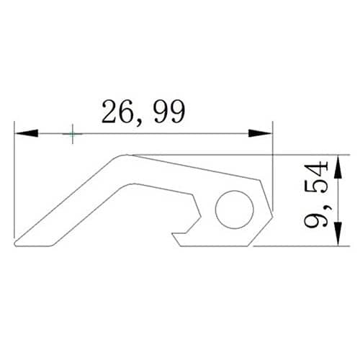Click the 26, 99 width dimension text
pyautogui.click(x=143, y=112)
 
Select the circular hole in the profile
pyautogui.click(x=234, y=210)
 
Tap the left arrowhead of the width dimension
pyautogui.click(x=27, y=133)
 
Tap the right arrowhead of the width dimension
pyautogui.click(x=261, y=133)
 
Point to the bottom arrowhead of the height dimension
pyautogui.click(x=338, y=234)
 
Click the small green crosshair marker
pyautogui.click(x=73, y=134)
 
